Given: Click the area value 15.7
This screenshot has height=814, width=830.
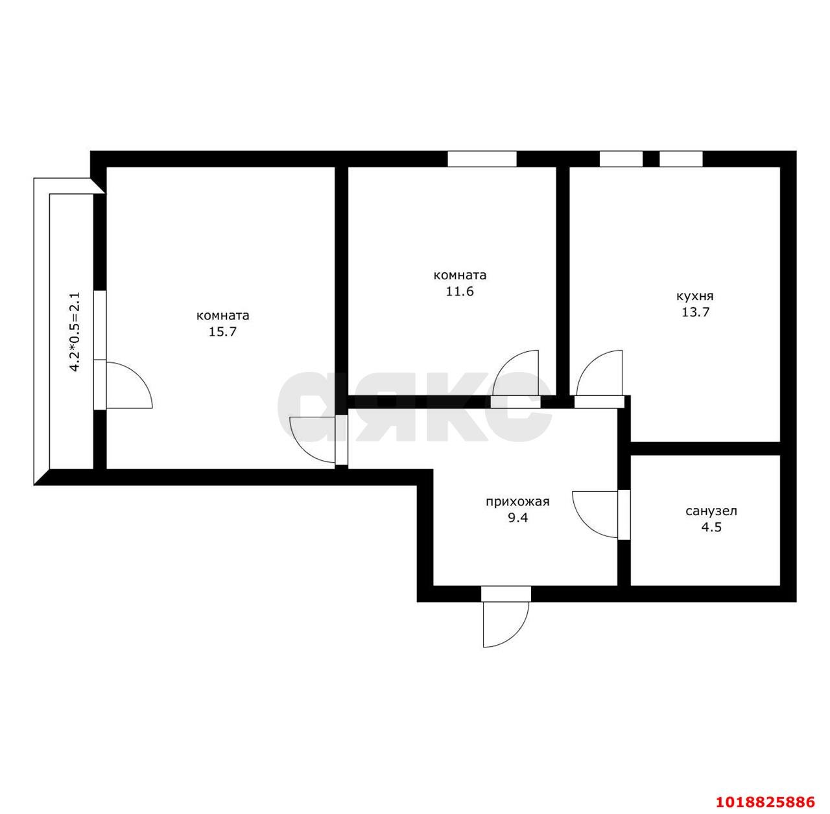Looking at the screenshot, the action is [222, 332].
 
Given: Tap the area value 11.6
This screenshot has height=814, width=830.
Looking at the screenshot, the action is [460, 291].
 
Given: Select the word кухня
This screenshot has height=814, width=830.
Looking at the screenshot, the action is [695, 296].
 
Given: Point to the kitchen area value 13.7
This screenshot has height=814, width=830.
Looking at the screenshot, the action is [695, 312].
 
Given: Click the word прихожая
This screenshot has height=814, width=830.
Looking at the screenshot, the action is [517, 502].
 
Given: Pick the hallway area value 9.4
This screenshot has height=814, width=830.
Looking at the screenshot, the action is [517, 517].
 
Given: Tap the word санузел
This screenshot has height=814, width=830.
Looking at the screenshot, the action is [711, 511].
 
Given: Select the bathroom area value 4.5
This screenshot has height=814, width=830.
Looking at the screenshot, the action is [711, 527].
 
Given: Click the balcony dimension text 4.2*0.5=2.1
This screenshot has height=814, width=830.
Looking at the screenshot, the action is [75, 332].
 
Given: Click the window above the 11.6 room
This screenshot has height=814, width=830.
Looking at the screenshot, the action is [482, 159].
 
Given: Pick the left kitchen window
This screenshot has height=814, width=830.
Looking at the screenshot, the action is [621, 159].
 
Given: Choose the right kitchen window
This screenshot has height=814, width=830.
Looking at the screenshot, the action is [681, 159].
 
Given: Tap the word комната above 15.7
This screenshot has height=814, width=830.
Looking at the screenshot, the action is [222, 316].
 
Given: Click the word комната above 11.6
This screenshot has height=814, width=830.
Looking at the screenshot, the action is [460, 275].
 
